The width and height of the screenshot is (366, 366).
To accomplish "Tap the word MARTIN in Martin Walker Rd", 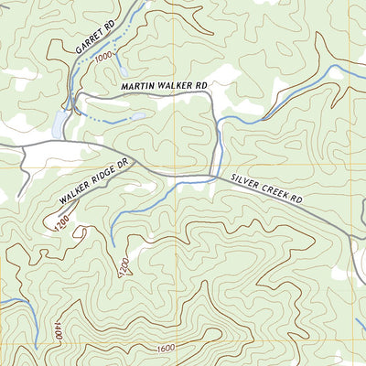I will (x=139, y=86).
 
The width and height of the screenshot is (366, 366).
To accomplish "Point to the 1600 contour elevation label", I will (x=166, y=348).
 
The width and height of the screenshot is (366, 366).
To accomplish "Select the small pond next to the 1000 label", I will (x=123, y=66).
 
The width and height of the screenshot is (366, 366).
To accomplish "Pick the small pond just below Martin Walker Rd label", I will (x=137, y=116).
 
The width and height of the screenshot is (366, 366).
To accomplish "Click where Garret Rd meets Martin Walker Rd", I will (x=77, y=94).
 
